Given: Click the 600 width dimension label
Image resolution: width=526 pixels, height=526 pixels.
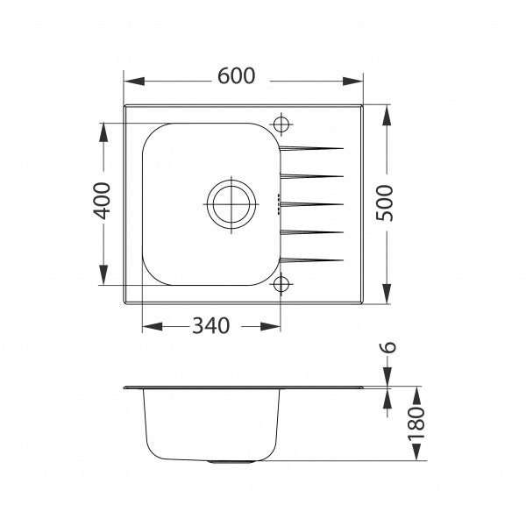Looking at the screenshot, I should (x=237, y=76).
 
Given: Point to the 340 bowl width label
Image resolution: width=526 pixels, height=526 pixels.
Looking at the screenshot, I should (x=210, y=326).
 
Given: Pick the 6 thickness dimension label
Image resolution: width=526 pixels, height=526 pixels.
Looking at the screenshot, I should (x=389, y=349).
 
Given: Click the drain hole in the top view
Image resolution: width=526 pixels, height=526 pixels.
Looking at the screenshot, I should (x=231, y=204).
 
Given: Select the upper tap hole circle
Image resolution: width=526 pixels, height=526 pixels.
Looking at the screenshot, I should (x=282, y=123).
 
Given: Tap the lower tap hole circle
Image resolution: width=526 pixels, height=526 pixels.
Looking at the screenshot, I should (x=282, y=283).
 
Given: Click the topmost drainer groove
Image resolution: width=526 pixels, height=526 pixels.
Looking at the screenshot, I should (x=310, y=147).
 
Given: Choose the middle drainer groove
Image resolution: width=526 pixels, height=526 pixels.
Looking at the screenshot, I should (x=310, y=203).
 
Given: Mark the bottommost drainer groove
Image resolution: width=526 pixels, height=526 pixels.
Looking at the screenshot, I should (x=310, y=259).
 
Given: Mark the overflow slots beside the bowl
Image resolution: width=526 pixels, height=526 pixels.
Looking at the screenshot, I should (x=281, y=204).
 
